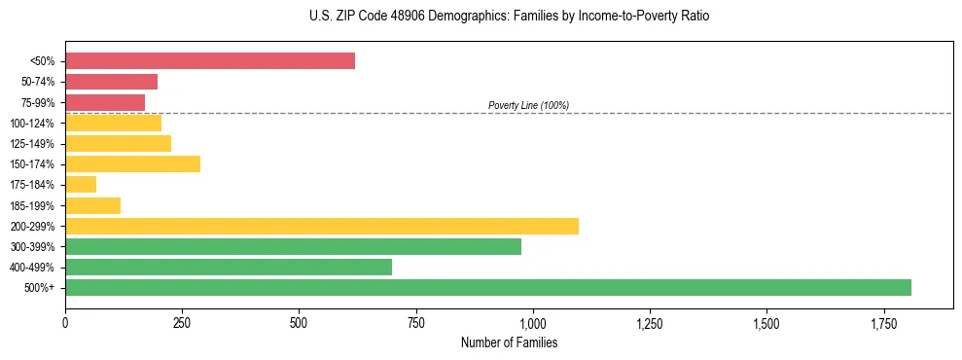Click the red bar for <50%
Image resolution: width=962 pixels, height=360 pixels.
pos(210,61)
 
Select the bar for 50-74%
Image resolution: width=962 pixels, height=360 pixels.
pos(111,82)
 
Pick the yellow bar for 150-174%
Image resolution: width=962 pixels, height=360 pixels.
pos(132,164)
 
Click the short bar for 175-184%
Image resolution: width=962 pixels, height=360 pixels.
pos(81,185)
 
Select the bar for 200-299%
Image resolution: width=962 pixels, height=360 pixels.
pos(322,226)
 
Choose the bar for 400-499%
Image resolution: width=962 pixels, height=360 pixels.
pos(229,267)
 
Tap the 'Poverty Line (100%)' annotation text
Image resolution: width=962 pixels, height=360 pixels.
pos(528,105)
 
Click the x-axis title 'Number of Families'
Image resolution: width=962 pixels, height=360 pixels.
pos(509,342)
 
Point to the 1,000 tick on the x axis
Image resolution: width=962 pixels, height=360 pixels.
pos(533,322)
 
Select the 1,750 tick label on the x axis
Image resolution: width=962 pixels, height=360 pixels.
pos(884,322)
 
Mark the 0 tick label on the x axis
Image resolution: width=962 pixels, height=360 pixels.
pos(65,322)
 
